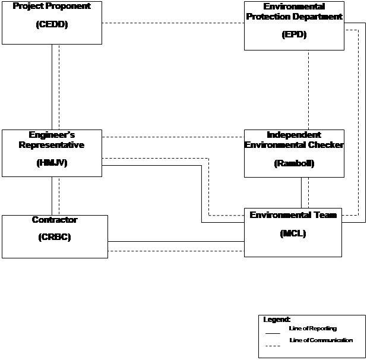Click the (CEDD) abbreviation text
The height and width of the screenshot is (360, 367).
pos(52,24)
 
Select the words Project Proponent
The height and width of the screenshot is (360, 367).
pos(52,6)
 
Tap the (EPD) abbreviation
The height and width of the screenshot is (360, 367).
pos(294,34)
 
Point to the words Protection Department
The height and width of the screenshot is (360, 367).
pos(294,17)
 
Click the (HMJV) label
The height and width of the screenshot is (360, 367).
pos(52,163)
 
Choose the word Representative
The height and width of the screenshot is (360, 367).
pos(52,145)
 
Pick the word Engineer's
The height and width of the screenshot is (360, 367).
pos(52,135)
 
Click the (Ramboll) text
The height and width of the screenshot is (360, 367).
pos(294,163)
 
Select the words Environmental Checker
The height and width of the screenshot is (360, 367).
pos(294,145)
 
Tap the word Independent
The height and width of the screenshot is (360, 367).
pos(294,135)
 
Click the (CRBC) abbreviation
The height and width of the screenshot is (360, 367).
pos(55,237)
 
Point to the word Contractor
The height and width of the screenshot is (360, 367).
pos(55,220)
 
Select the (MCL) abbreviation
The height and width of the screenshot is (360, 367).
pos(293,233)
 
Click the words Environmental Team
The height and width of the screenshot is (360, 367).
pos(293,215)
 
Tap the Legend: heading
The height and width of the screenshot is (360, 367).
pos(277,320)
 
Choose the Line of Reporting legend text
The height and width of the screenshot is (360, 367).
pos(313,329)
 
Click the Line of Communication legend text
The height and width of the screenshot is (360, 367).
pos(321,340)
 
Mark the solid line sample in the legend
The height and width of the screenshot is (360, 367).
pos(273,333)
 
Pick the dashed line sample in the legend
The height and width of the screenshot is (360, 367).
pos(273,346)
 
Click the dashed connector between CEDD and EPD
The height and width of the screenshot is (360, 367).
pos(173,23)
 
